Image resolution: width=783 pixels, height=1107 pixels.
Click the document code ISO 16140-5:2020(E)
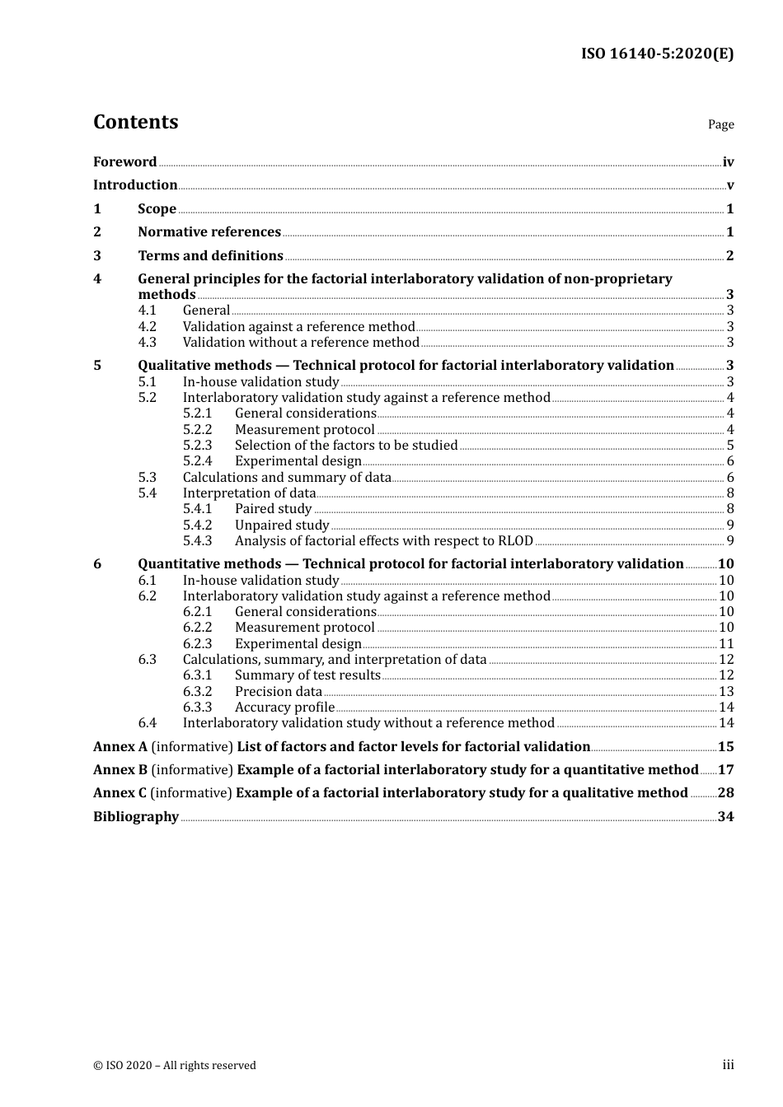(657, 54)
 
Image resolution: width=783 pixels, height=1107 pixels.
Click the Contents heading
(135, 122)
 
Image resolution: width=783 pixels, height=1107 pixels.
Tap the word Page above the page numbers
(720, 124)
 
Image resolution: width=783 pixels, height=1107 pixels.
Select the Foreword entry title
(124, 162)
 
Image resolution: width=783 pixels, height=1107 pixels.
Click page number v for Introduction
(729, 185)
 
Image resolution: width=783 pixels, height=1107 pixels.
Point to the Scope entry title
(157, 209)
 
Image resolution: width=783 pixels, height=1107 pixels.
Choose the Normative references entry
(209, 232)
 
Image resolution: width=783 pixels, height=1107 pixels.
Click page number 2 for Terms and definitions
(729, 256)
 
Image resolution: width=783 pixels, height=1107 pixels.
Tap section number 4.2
(147, 327)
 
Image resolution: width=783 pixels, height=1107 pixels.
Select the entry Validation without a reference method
(301, 343)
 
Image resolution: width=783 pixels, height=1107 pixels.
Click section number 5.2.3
(197, 446)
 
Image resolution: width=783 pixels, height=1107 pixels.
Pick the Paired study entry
(273, 509)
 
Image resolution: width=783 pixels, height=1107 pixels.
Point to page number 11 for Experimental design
(726, 644)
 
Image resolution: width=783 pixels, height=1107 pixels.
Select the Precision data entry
(279, 692)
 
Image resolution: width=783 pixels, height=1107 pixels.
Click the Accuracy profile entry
(284, 708)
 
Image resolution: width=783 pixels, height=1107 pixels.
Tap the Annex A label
(120, 747)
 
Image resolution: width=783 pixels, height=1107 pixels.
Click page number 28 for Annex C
(725, 793)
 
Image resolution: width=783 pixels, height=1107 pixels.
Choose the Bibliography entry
(136, 817)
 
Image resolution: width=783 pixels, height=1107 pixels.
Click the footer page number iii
(728, 1065)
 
